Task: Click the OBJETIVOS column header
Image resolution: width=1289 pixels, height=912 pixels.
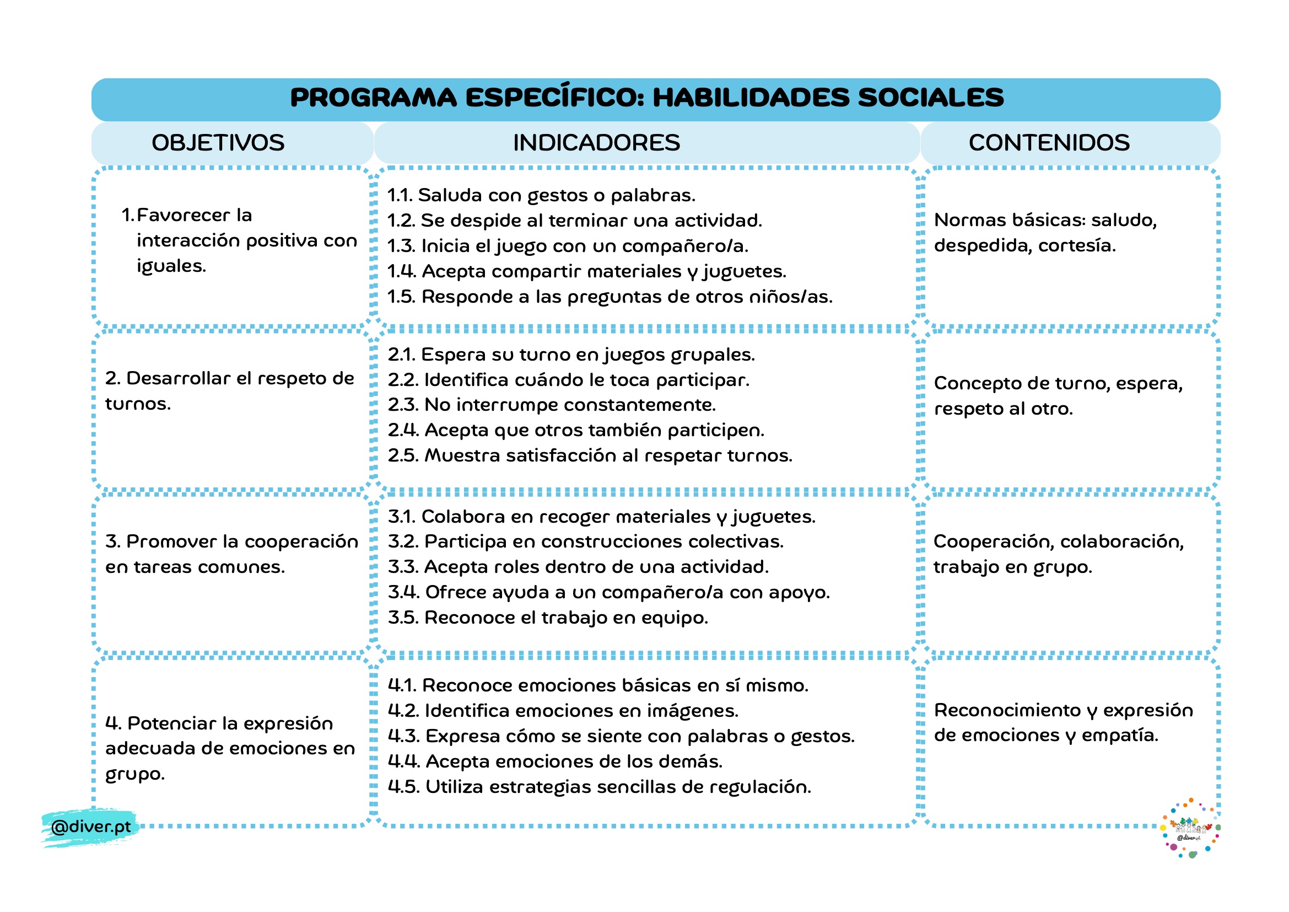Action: pyautogui.click(x=218, y=143)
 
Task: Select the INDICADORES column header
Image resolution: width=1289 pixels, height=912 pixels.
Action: pyautogui.click(x=596, y=143)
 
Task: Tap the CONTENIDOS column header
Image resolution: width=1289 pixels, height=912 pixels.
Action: pyautogui.click(x=1049, y=143)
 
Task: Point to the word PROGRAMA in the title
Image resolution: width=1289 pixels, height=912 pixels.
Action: pyautogui.click(x=373, y=98)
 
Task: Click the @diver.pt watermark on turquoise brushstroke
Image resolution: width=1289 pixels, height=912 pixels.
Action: pyautogui.click(x=90, y=827)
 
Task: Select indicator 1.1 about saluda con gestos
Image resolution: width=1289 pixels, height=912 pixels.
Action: pyautogui.click(x=541, y=195)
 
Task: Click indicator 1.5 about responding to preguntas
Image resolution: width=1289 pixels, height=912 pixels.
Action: pyautogui.click(x=610, y=297)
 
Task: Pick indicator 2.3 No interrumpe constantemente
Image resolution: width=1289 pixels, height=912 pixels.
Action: pyautogui.click(x=551, y=405)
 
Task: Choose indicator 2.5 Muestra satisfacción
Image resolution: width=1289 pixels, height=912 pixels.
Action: pyautogui.click(x=590, y=455)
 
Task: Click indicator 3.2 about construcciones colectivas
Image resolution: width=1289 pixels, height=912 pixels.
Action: pyautogui.click(x=585, y=542)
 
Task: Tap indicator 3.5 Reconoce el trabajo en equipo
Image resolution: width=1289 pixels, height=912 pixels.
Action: pyautogui.click(x=547, y=618)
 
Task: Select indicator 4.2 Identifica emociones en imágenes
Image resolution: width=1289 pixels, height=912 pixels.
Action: pyautogui.click(x=563, y=711)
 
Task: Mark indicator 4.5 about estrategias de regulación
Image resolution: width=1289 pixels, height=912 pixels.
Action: pyautogui.click(x=599, y=787)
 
